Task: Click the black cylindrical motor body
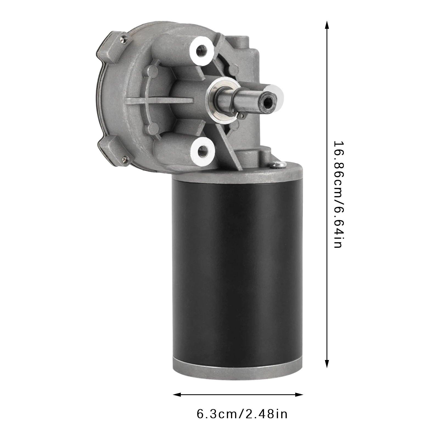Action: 236,269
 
